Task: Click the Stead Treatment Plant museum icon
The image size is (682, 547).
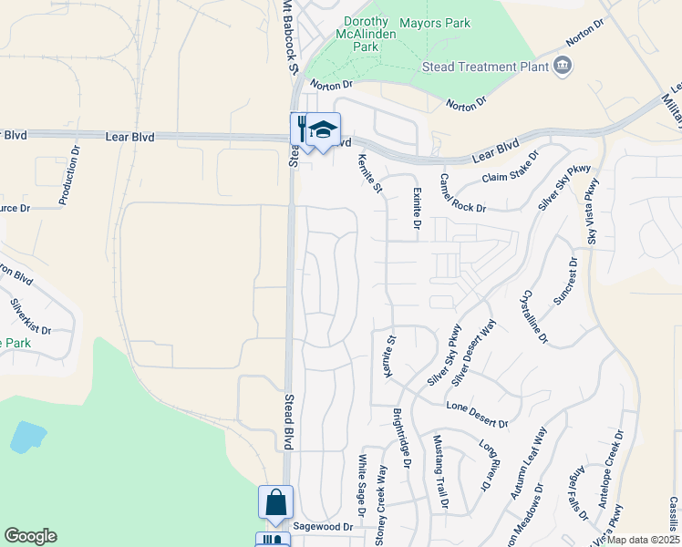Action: tap(563, 65)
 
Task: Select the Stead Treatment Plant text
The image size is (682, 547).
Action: tap(485, 67)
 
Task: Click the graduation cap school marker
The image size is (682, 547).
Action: tap(322, 129)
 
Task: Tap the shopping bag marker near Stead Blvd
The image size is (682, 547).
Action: tap(275, 503)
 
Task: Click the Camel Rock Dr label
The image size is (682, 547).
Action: tap(462, 192)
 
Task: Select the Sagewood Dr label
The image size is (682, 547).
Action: tap(322, 528)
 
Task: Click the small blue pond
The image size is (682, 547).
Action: tap(27, 438)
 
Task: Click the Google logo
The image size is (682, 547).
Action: tap(31, 536)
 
